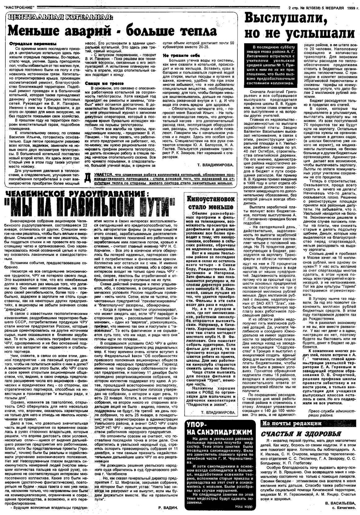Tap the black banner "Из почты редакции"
(288, 424)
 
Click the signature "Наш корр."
(244, 506)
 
